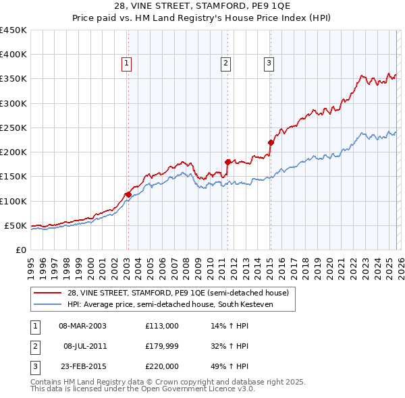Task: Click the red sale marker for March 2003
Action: (128, 194)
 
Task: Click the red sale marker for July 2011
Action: (227, 162)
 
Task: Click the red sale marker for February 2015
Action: (271, 142)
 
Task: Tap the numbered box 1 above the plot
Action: (126, 64)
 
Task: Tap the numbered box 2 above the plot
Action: (225, 64)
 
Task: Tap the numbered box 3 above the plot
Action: (269, 64)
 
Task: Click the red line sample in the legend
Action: (47, 293)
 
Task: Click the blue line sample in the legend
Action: (47, 304)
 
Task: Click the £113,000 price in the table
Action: (161, 325)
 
